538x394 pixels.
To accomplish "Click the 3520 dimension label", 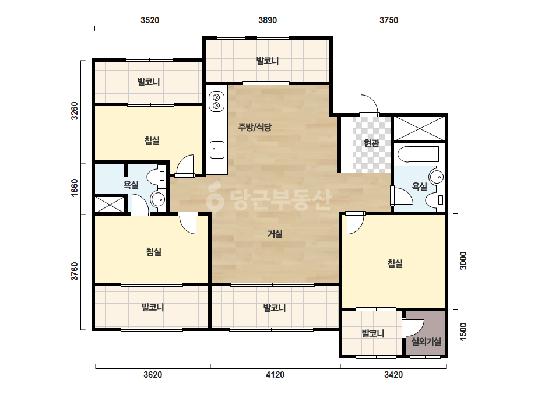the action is point(150,20).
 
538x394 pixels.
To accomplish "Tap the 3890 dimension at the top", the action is point(268,20).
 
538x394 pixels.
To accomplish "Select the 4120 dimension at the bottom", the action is point(275,374).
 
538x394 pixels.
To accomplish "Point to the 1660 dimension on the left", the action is point(75,188).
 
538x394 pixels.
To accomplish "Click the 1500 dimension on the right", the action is point(463,332).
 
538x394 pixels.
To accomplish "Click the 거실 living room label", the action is point(275,234).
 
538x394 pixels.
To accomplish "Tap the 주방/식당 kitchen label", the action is point(255,127).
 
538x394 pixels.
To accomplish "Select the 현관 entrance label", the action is point(372,143).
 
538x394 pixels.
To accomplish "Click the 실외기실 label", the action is point(426,342).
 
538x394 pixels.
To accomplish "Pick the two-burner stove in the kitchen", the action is point(216,101).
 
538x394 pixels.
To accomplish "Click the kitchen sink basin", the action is point(217,150).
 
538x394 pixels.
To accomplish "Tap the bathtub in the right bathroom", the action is point(419,154).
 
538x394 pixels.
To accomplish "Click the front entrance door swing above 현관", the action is point(369,105).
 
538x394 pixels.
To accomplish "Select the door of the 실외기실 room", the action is point(413,328).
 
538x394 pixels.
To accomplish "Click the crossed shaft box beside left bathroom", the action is point(110,204).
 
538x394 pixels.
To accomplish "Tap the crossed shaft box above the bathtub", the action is point(419,128).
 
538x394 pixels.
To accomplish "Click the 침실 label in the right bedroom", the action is point(395,263).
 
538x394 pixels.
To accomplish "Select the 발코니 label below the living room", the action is point(275,308).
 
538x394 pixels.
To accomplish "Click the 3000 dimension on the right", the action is point(463,261).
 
